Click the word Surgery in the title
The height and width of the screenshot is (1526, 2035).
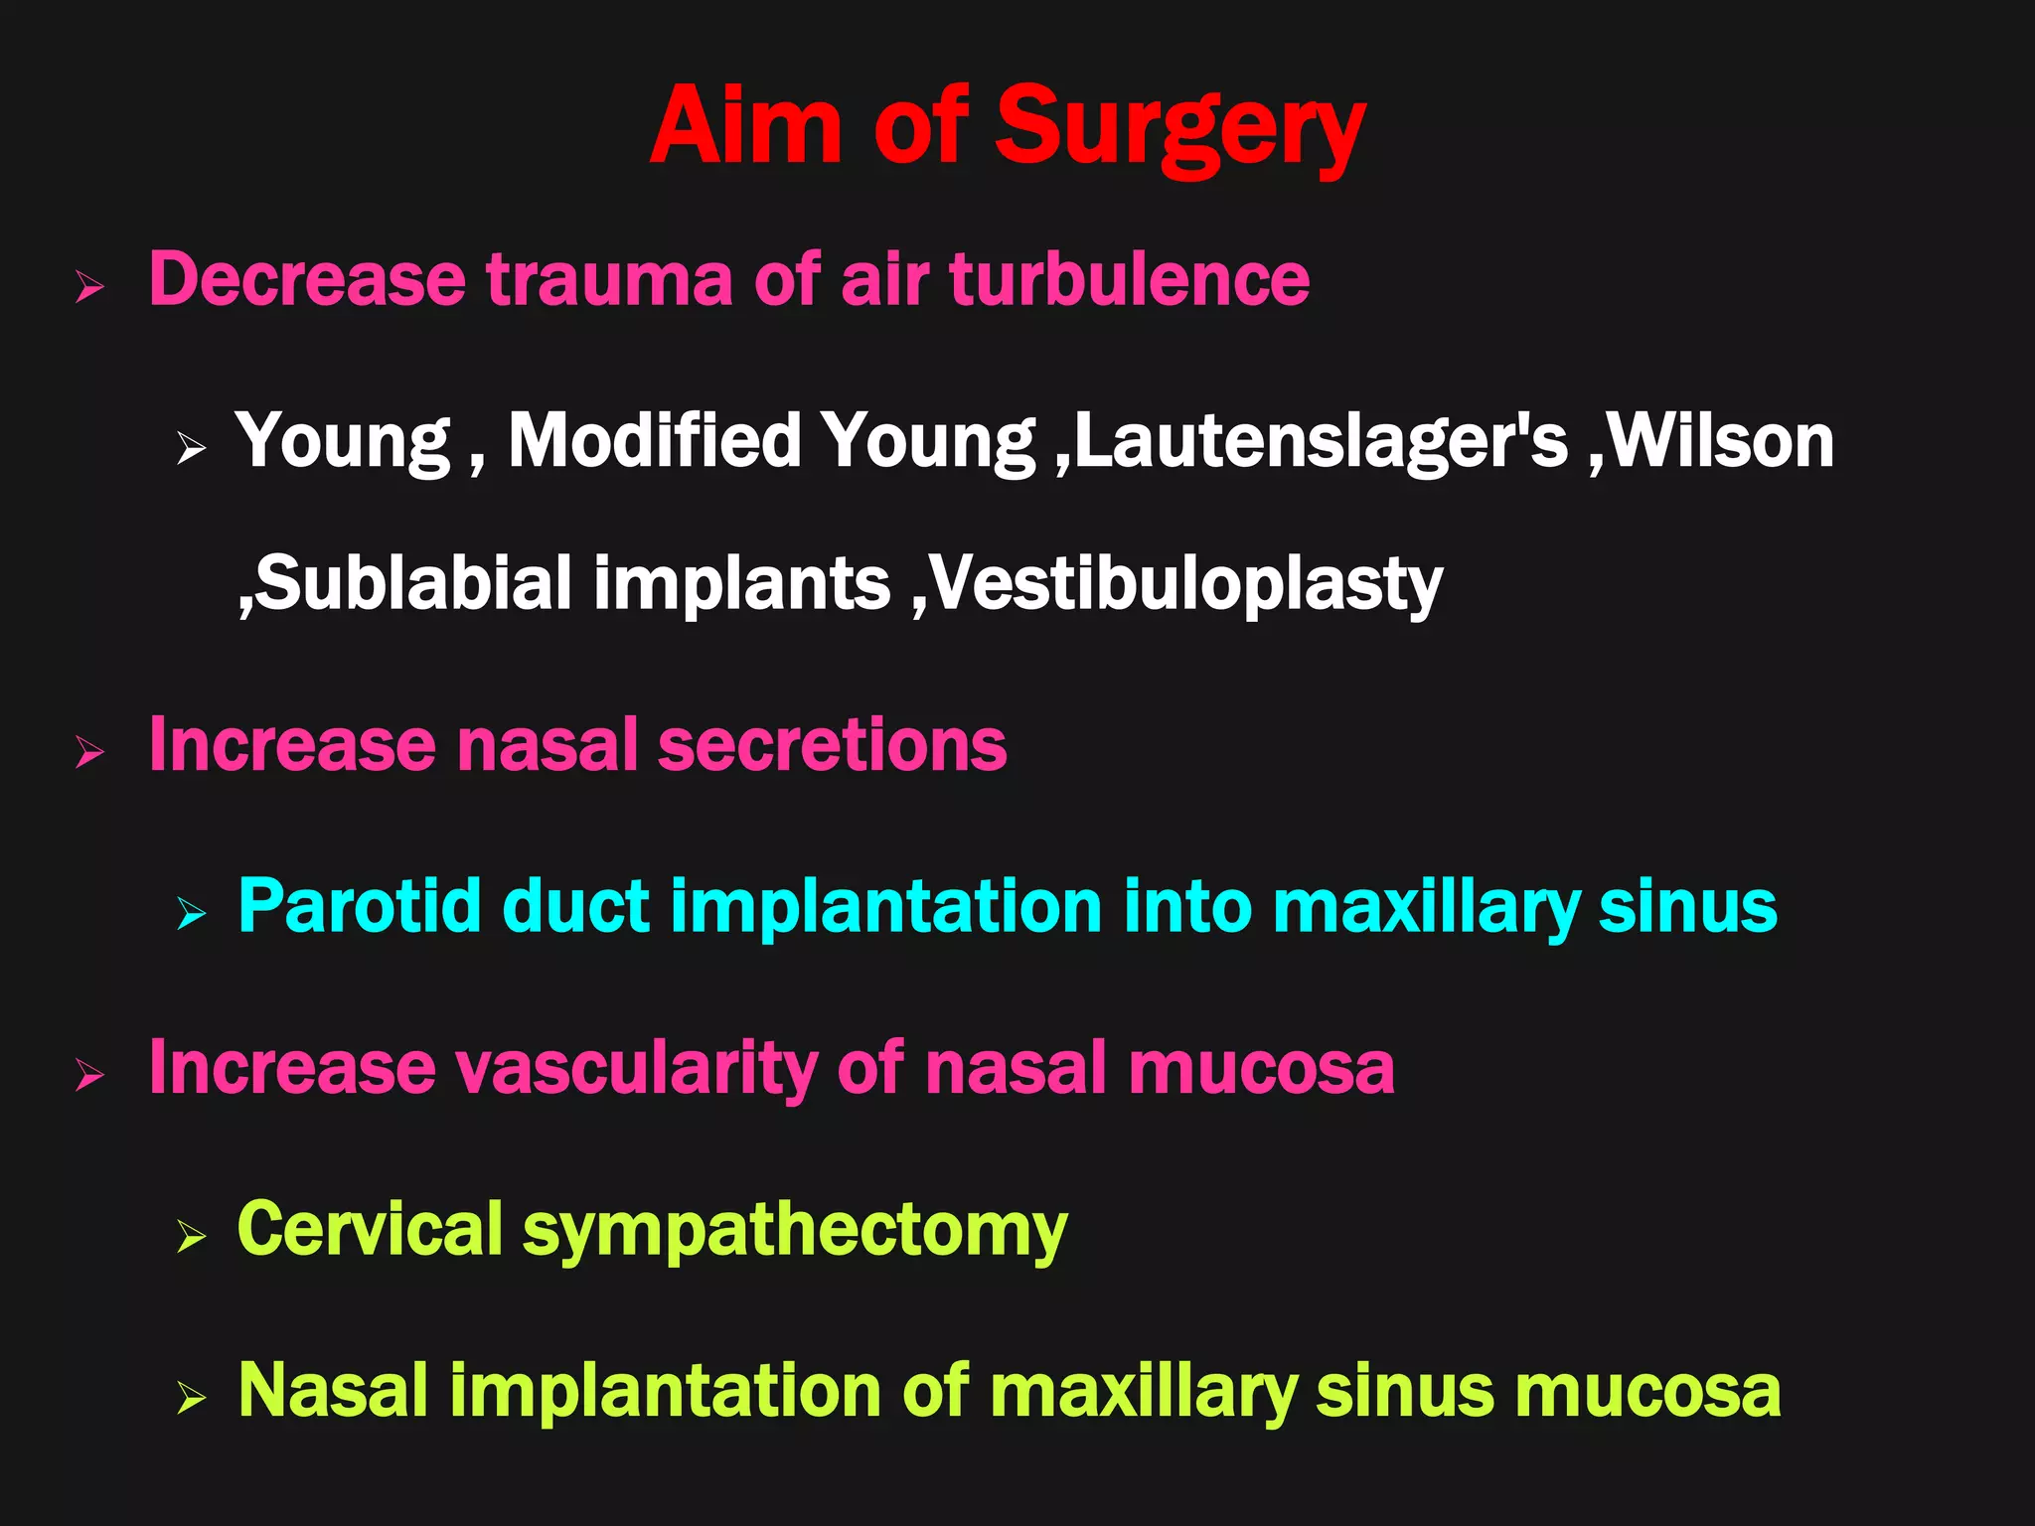[x=1179, y=129]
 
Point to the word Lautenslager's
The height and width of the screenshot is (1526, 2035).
[x=1321, y=442]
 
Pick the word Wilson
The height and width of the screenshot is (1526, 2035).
[x=1721, y=442]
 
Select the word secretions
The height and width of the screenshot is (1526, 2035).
[x=832, y=745]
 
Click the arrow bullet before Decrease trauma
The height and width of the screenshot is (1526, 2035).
[x=89, y=289]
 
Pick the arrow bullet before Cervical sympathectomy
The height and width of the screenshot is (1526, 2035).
[x=191, y=1237]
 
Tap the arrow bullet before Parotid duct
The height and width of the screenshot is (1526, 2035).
[x=191, y=913]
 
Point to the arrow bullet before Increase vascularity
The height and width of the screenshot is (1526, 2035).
[x=89, y=1076]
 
